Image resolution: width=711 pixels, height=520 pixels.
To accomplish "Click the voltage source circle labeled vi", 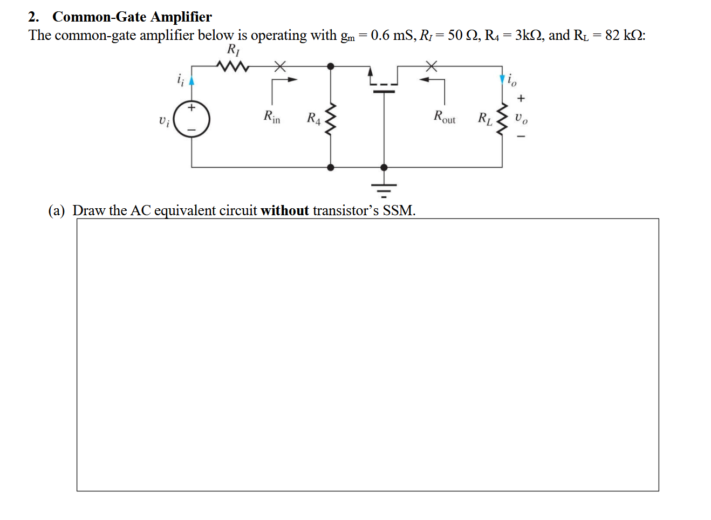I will tap(192, 119).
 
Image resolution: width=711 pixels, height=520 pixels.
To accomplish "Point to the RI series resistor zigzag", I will tap(232, 67).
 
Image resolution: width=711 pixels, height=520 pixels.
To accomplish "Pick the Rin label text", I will tap(272, 117).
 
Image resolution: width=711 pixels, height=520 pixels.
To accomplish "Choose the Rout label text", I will tap(445, 117).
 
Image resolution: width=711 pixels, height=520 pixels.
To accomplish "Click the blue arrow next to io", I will tap(502, 80).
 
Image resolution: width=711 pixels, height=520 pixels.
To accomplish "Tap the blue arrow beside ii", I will tap(192, 80).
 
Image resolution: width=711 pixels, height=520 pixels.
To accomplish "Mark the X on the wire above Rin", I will tap(279, 66).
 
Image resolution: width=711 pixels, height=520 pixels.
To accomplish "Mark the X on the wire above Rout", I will tap(431, 66).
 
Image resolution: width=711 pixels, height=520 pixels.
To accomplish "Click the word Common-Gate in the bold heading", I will tap(99, 17).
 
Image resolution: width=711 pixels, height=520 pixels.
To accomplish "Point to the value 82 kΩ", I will tap(624, 36).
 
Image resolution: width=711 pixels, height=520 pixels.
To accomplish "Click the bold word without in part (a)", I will tap(284, 210).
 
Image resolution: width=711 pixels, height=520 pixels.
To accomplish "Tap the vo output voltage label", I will tap(521, 118).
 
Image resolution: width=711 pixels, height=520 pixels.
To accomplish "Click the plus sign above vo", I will tap(521, 98).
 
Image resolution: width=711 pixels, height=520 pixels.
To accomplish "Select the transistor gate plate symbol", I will tap(384, 91).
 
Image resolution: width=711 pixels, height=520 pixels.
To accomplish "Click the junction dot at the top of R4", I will tap(331, 66).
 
